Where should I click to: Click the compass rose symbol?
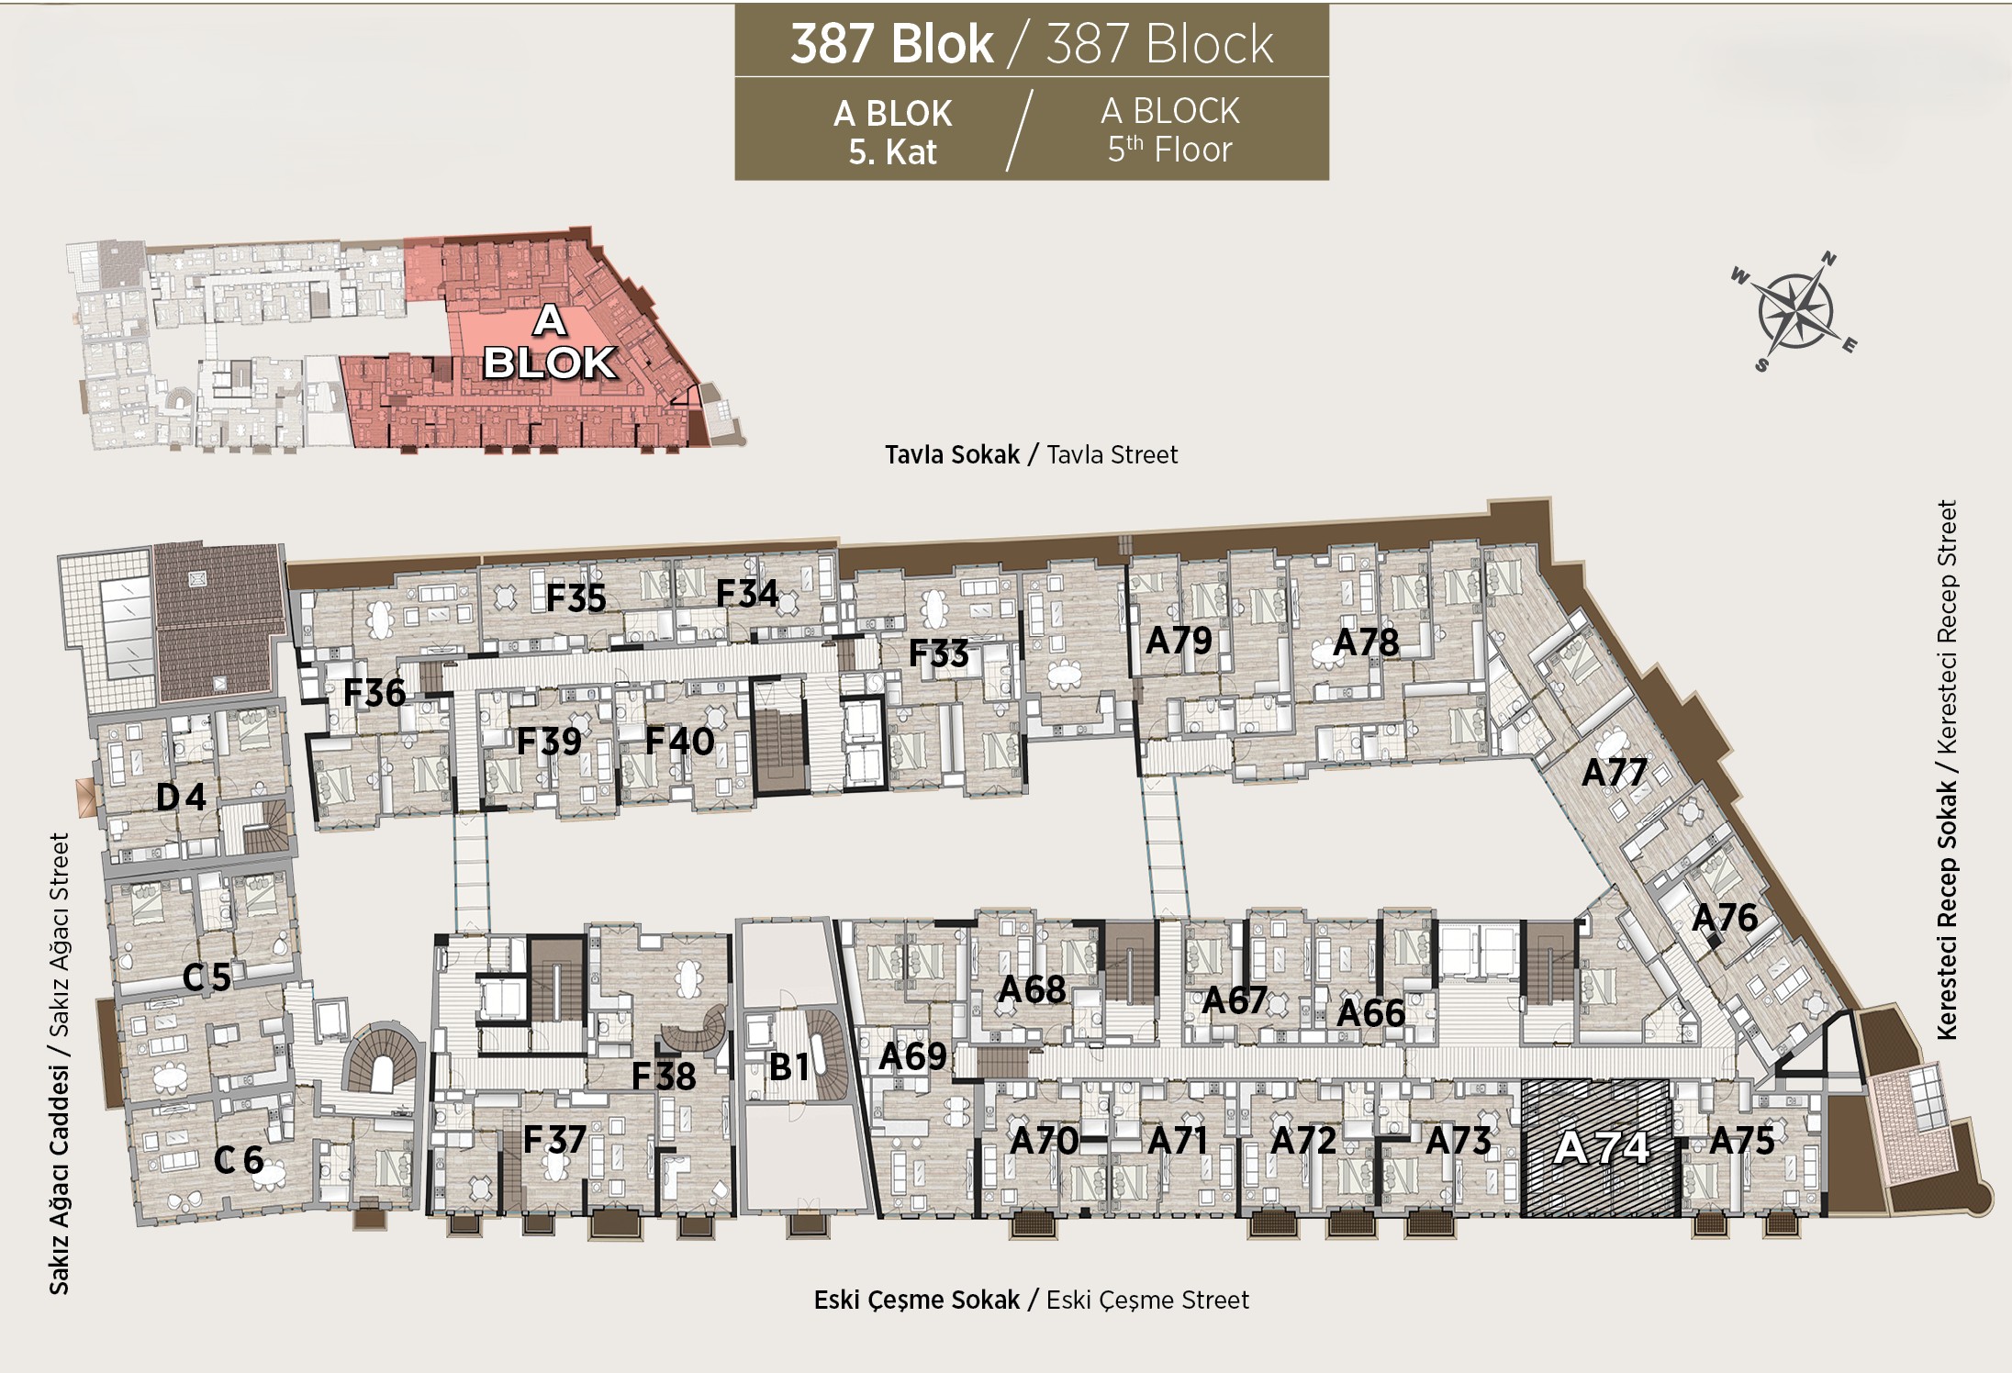1795,311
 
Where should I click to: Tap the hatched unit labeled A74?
1601,1148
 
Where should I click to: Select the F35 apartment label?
576,598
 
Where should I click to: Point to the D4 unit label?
181,797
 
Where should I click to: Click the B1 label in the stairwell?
789,1066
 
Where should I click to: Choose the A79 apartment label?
1179,641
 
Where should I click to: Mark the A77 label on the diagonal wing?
1615,773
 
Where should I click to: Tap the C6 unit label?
239,1160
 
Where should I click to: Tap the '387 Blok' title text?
891,43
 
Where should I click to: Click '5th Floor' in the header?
1169,149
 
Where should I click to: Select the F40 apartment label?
679,742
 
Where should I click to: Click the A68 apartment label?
1032,989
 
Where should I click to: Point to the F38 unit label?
663,1077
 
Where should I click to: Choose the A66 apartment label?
1370,1013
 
